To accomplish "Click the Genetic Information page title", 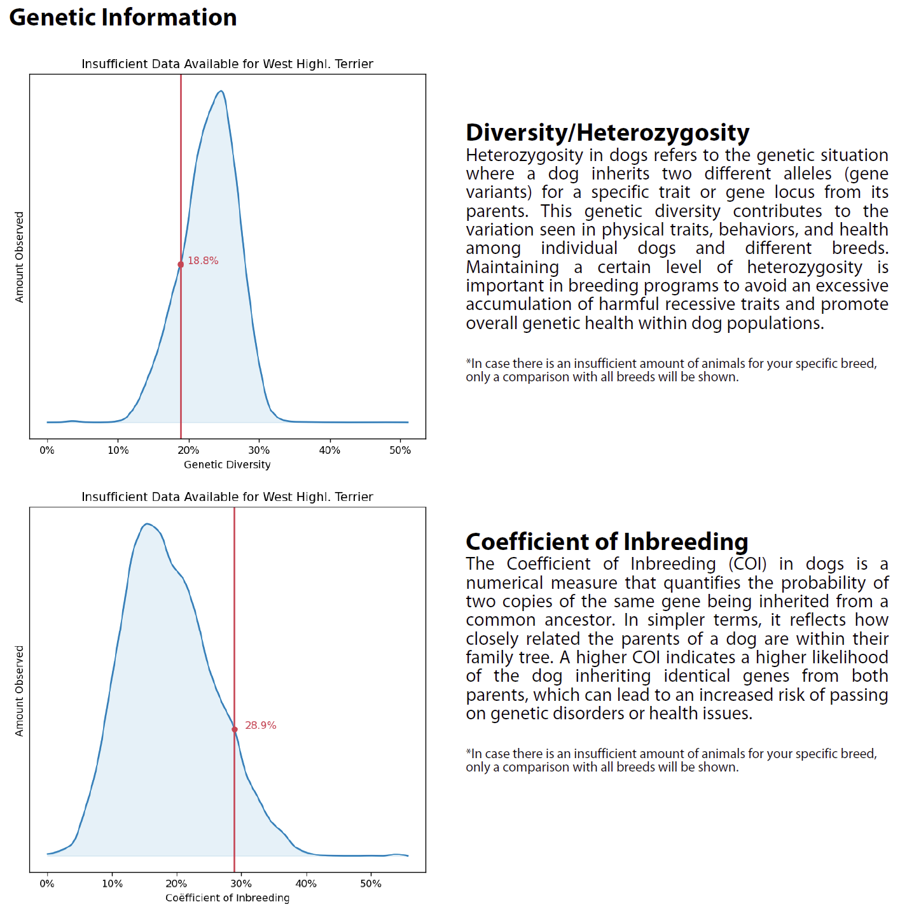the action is pyautogui.click(x=123, y=18).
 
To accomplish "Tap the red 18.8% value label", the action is pyautogui.click(x=203, y=261).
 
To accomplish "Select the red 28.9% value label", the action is pyautogui.click(x=260, y=725).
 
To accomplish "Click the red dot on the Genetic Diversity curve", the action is pyautogui.click(x=181, y=265).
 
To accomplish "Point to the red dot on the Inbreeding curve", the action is pyautogui.click(x=234, y=729).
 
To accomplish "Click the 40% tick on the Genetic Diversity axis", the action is pyautogui.click(x=329, y=451).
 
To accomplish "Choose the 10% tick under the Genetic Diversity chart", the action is pyautogui.click(x=118, y=451).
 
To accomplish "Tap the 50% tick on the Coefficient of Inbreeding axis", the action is pyautogui.click(x=371, y=884).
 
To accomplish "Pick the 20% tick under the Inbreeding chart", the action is pyautogui.click(x=176, y=884).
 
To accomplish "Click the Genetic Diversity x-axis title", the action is pyautogui.click(x=227, y=465).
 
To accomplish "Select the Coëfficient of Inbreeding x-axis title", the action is pyautogui.click(x=227, y=898).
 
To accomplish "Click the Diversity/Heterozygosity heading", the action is pyautogui.click(x=607, y=132).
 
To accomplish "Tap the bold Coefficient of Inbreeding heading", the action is pyautogui.click(x=607, y=542).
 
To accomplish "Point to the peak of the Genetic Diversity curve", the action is pyautogui.click(x=221, y=90).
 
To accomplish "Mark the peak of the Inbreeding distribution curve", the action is pyautogui.click(x=147, y=524).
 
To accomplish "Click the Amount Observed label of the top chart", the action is pyautogui.click(x=19, y=257).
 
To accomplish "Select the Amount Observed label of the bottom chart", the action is pyautogui.click(x=19, y=691).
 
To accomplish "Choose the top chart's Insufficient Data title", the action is pyautogui.click(x=227, y=64).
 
